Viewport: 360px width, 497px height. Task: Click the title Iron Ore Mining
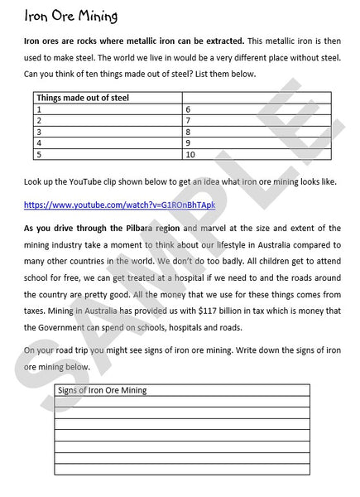71,17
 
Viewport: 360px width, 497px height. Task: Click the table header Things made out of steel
83,98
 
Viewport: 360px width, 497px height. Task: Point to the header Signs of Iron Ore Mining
107,389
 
